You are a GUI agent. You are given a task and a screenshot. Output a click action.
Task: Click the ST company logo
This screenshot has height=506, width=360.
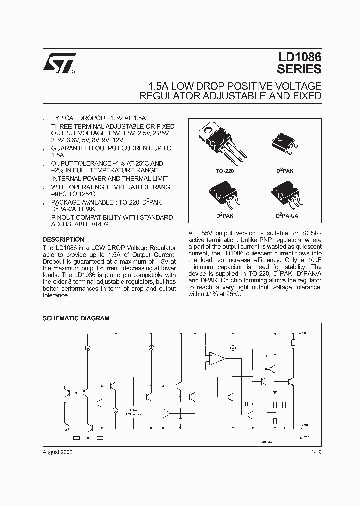coord(59,64)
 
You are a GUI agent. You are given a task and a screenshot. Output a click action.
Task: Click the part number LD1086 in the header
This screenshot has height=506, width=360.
coord(299,59)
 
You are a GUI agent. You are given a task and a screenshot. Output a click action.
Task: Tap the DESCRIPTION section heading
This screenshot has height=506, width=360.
coord(63,239)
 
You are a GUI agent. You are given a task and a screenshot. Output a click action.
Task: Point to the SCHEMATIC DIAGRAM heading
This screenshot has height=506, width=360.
coord(76,318)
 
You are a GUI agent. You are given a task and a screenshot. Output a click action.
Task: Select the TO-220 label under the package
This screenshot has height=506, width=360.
coord(224,171)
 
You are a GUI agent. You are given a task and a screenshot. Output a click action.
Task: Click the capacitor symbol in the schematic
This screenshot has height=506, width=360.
coord(245,402)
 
